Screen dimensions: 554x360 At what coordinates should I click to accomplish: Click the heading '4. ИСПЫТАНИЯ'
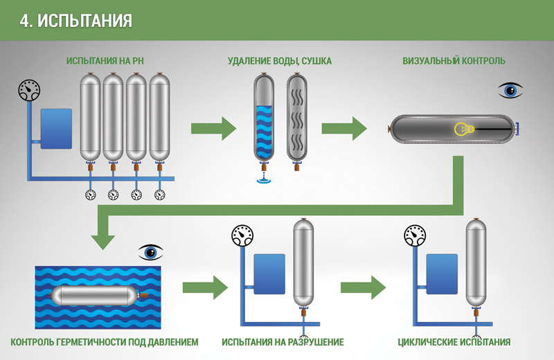[75, 21]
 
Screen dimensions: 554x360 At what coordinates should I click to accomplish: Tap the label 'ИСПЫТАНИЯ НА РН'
[105, 61]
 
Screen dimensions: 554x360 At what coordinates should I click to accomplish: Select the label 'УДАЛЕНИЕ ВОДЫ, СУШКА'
[280, 61]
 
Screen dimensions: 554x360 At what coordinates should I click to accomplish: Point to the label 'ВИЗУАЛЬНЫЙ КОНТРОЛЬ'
[454, 61]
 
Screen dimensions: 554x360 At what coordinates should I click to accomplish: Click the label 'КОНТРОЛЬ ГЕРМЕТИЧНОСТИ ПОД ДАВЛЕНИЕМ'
[105, 342]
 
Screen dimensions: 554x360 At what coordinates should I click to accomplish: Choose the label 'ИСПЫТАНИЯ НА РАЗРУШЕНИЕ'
[283, 342]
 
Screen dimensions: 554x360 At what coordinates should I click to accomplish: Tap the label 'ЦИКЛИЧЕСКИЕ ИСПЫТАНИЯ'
[454, 342]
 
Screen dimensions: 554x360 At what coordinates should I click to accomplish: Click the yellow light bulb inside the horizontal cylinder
[464, 129]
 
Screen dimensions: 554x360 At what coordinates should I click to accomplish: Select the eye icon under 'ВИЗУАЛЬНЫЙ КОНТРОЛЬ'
[510, 91]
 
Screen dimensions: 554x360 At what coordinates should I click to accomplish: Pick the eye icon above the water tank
[150, 252]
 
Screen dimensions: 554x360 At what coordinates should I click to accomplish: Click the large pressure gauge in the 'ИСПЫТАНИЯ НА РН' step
[29, 90]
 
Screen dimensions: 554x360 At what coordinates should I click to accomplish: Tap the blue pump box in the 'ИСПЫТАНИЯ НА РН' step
[56, 129]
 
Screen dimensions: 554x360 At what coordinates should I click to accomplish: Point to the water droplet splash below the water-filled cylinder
[264, 179]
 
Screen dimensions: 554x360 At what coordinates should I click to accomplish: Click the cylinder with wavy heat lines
[297, 121]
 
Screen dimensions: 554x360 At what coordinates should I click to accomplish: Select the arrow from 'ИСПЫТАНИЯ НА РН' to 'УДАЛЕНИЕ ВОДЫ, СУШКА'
[213, 129]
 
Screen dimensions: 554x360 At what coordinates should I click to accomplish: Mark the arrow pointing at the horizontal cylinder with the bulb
[344, 129]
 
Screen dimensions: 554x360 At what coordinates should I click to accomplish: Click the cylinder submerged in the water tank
[100, 296]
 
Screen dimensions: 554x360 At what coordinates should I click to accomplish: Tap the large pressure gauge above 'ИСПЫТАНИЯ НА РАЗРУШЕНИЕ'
[242, 235]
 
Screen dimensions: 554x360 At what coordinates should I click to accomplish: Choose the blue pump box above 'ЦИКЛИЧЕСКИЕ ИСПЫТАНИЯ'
[442, 273]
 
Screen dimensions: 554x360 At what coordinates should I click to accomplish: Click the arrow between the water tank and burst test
[205, 287]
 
